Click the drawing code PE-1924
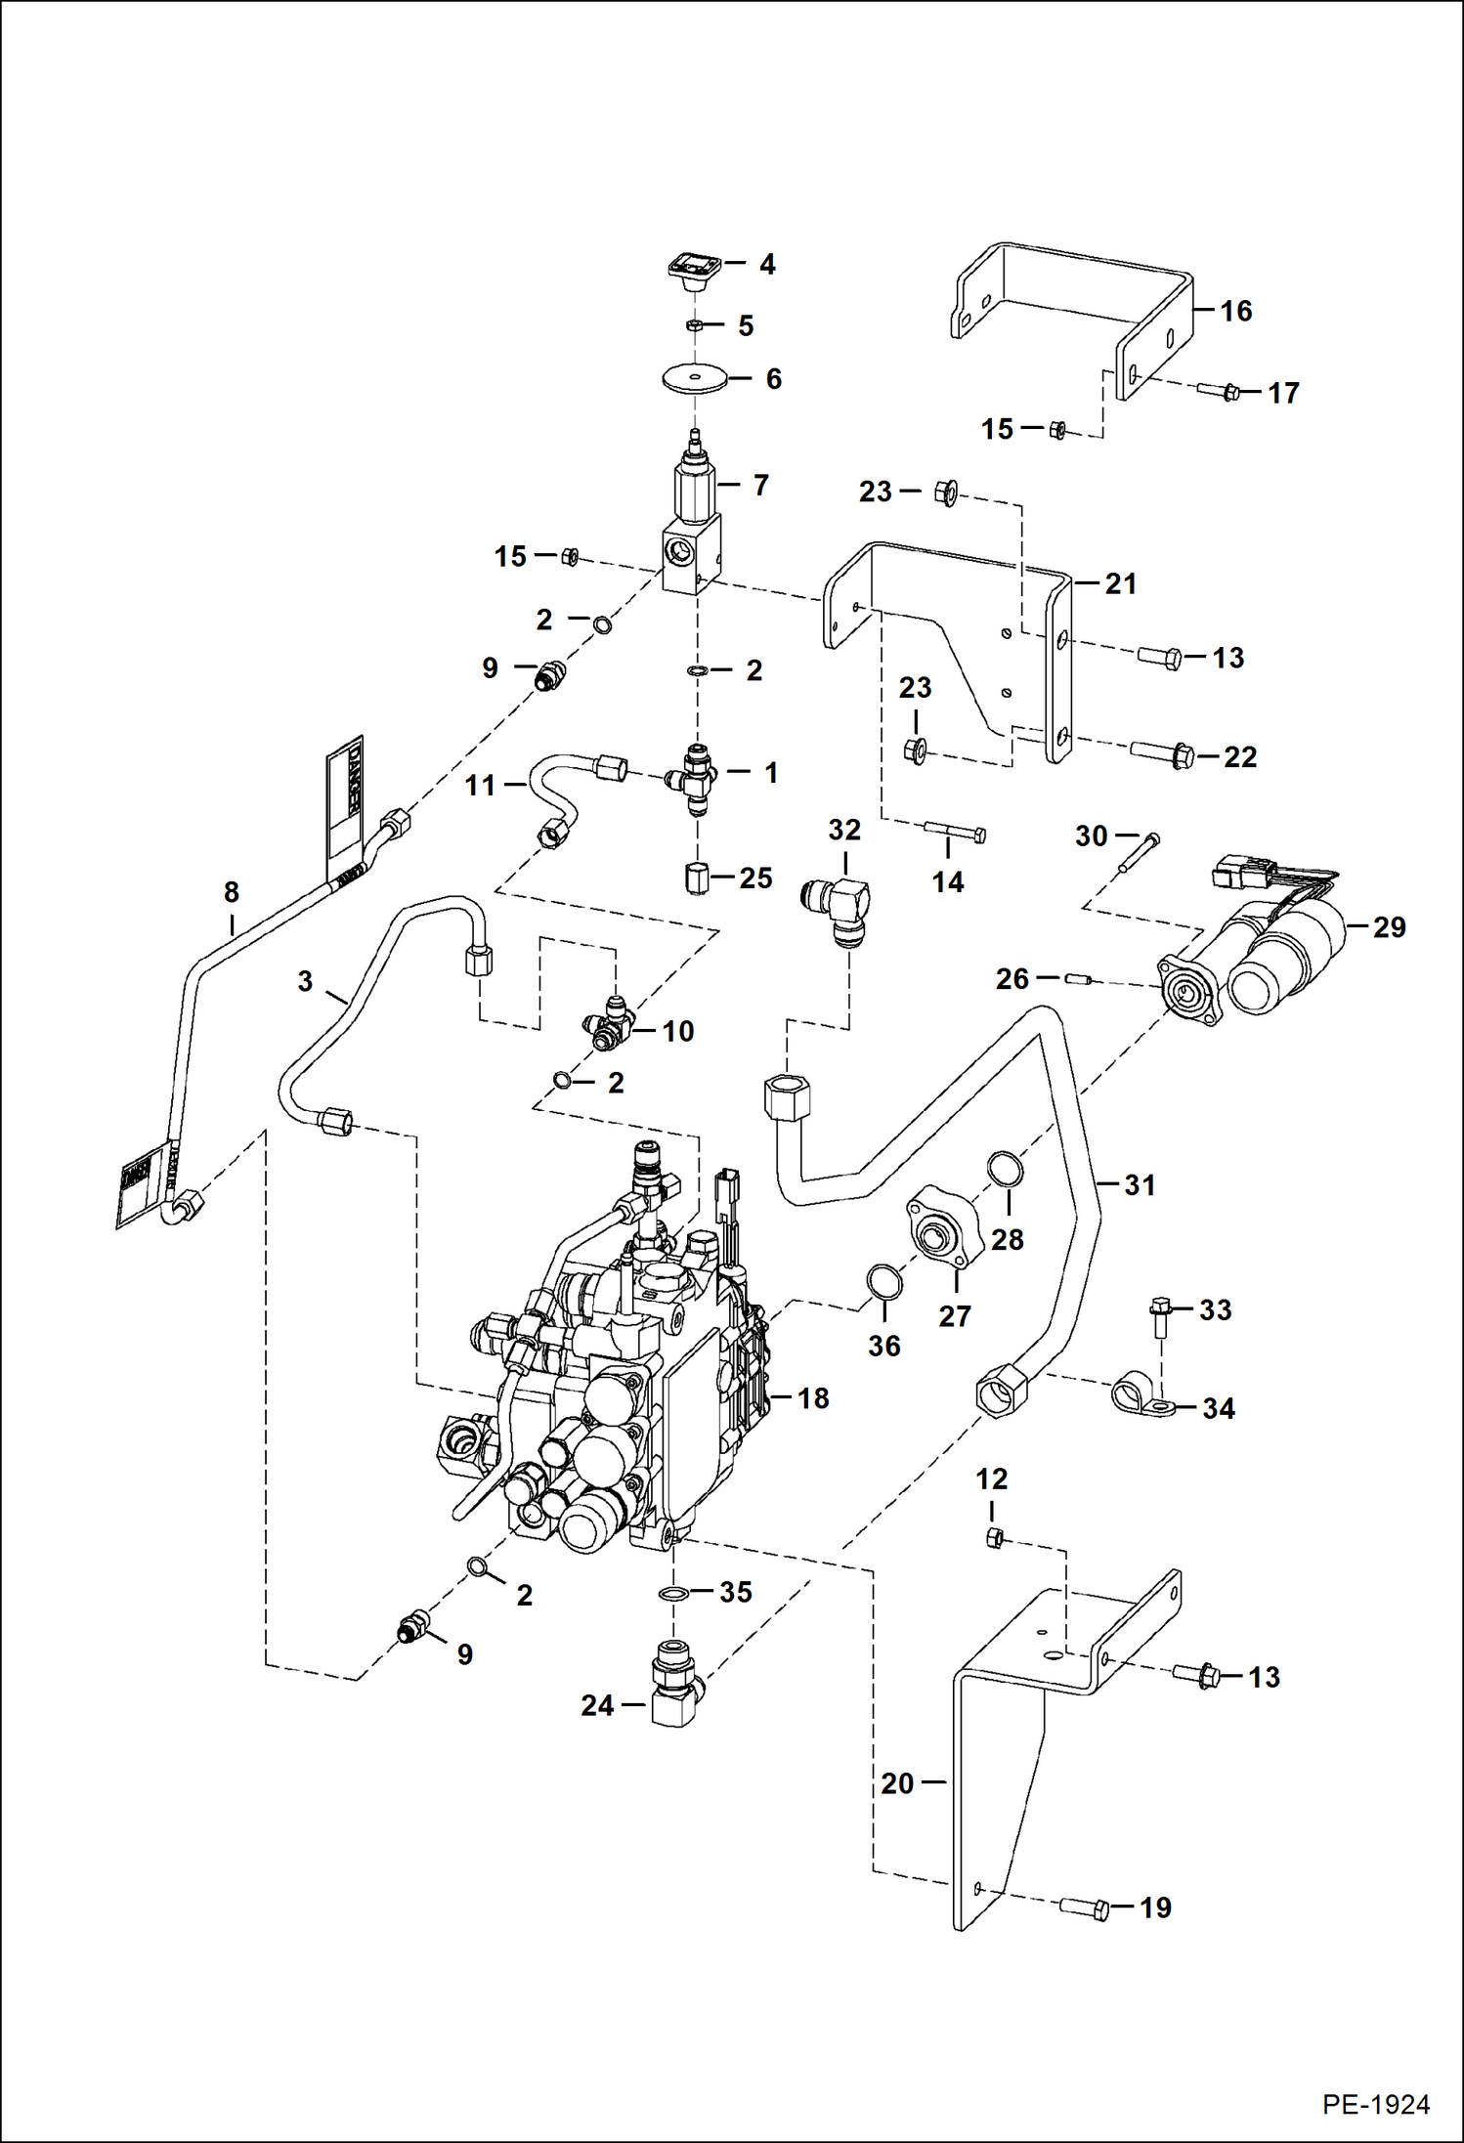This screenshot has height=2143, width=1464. (x=1375, y=2104)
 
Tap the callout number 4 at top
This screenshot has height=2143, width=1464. (x=767, y=265)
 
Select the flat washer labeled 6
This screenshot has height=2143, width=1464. (x=695, y=378)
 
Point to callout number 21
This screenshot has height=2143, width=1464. (x=1121, y=584)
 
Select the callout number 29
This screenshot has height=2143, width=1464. (x=1389, y=927)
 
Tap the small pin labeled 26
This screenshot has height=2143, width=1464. (x=1078, y=978)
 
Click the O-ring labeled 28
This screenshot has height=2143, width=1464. (x=1005, y=1168)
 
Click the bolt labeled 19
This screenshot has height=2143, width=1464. (x=1085, y=1907)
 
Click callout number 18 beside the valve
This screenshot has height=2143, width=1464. (x=813, y=1398)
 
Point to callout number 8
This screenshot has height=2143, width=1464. (x=232, y=892)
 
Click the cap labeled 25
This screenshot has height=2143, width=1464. (x=696, y=878)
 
